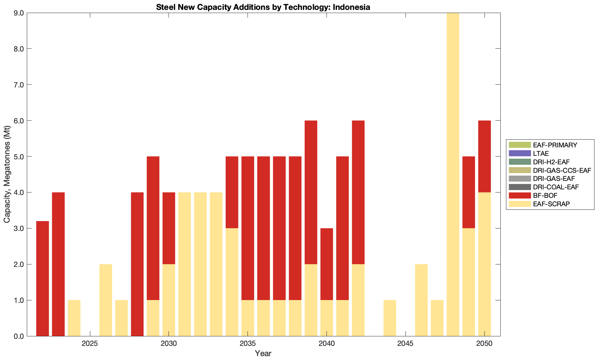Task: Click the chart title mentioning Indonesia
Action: [263, 7]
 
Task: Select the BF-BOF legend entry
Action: [545, 195]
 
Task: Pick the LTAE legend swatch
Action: [519, 153]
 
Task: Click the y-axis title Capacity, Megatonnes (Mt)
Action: [7, 175]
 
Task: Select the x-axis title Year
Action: [263, 353]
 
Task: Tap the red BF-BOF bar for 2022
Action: [43, 279]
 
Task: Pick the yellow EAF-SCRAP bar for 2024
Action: [74, 318]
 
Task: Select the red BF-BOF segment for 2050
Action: [484, 156]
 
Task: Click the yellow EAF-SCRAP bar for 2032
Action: [200, 264]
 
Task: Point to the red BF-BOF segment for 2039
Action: [311, 192]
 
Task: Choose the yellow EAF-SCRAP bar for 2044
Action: [390, 318]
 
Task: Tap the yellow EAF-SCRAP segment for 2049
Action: [469, 282]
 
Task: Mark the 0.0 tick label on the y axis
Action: [19, 336]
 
